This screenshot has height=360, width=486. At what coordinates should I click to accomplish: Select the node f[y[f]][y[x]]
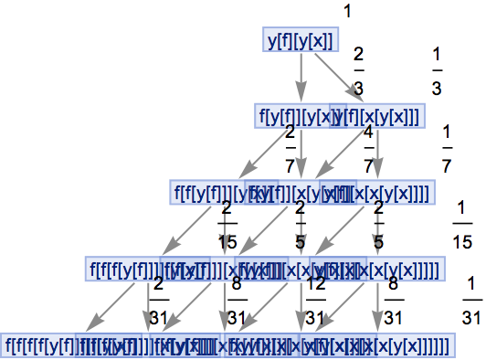coord(292,115)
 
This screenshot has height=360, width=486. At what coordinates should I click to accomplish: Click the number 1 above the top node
coord(348,12)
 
